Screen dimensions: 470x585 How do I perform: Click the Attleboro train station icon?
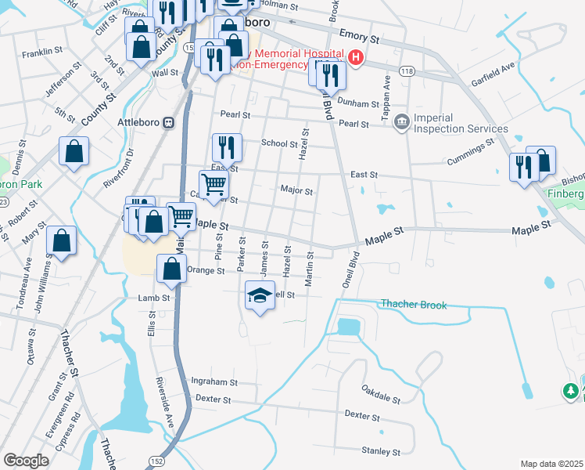coord(168,123)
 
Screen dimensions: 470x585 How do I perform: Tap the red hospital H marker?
coord(357,57)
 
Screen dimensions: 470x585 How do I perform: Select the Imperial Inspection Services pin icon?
coord(402,122)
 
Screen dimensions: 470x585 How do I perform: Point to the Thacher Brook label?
coord(414,304)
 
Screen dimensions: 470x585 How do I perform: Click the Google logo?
coord(26,461)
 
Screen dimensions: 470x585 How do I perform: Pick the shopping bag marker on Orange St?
coord(172,269)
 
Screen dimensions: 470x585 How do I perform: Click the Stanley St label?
coord(381,451)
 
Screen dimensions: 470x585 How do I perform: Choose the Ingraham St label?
coord(214,381)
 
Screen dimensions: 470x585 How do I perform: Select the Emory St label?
coord(360,37)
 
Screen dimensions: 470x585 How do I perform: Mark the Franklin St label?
coord(42,52)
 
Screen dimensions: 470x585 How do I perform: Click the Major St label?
coord(296,190)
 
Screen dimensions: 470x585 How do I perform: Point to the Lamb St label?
coord(154,298)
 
